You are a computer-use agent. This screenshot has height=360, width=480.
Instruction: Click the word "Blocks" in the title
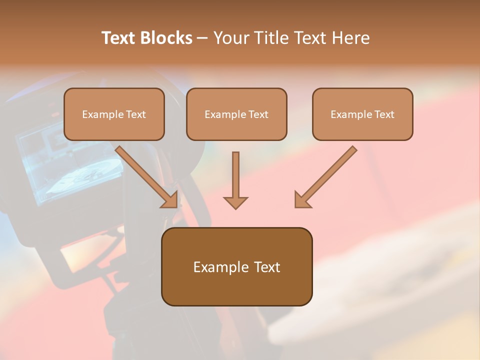pos(167,38)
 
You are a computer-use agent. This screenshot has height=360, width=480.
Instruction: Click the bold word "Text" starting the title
pos(119,38)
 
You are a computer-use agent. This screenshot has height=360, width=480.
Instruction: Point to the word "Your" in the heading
pos(230,38)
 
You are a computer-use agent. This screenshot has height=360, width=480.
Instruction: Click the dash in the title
pos(202,38)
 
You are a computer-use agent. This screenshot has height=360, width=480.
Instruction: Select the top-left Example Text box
pos(114,114)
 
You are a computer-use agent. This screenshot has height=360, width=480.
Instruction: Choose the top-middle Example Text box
pos(236,114)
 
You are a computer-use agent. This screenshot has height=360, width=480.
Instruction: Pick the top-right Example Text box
pos(362,114)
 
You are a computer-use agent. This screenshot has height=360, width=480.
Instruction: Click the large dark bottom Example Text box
pos(236,266)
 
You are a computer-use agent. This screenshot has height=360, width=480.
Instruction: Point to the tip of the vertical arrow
pos(235,207)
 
